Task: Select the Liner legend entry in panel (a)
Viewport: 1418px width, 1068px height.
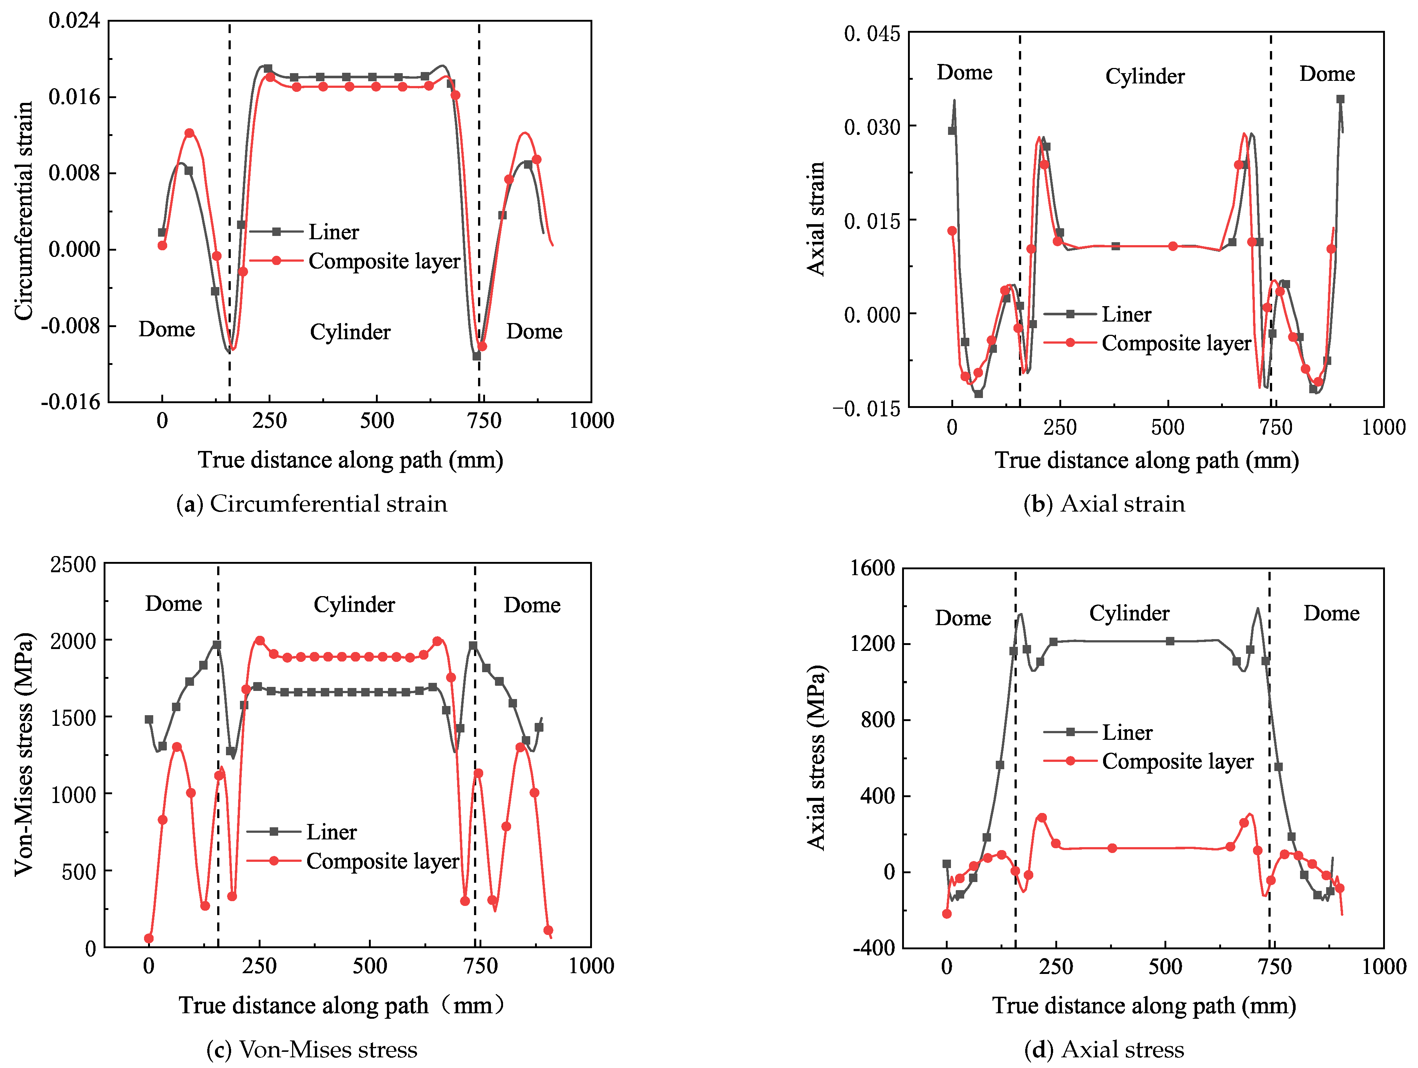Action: [x=333, y=232]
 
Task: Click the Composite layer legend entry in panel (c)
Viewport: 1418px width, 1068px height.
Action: [x=382, y=861]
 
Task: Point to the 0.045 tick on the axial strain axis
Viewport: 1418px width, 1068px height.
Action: [x=872, y=33]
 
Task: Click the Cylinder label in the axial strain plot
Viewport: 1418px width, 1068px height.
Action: [x=1145, y=76]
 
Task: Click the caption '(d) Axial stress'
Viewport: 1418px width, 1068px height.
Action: [x=1104, y=1049]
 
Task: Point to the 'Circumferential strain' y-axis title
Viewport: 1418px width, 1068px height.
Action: [x=24, y=210]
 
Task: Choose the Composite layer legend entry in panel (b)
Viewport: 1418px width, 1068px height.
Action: [x=1176, y=343]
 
